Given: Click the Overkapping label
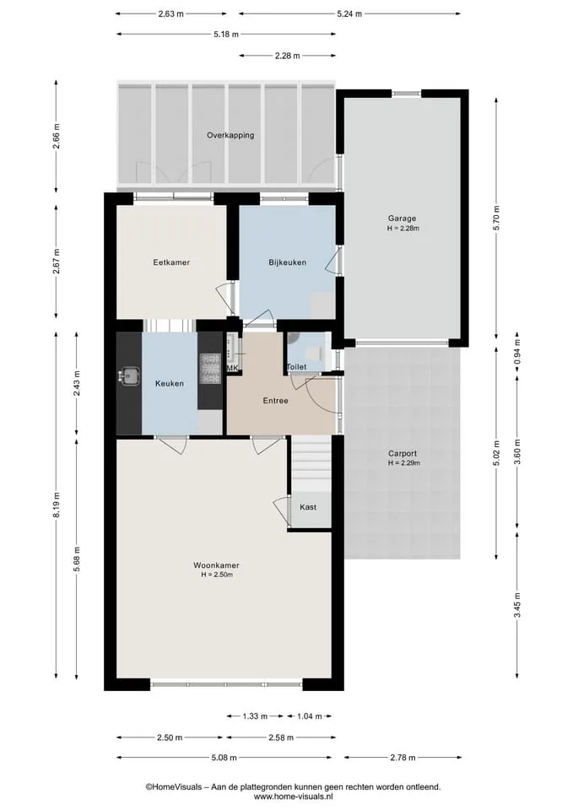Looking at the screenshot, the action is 230,135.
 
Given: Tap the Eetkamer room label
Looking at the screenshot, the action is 171,262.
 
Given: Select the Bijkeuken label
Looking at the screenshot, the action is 287,262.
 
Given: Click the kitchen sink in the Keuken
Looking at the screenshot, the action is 128,375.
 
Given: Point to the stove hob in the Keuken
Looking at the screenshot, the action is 210,368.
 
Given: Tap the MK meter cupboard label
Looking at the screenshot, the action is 233,368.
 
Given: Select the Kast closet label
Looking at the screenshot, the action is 308,507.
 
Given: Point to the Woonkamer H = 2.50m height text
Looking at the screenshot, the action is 217,575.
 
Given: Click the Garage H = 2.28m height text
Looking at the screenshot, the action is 403,228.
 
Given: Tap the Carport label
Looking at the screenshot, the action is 403,454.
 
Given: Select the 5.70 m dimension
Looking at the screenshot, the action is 496,218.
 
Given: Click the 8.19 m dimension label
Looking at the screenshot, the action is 57,505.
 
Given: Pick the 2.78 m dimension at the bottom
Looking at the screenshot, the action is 403,758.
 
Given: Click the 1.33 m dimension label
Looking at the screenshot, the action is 255,716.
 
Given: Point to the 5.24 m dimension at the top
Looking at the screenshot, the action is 349,14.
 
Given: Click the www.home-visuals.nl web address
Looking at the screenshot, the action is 293,797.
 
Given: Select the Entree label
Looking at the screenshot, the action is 275,401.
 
